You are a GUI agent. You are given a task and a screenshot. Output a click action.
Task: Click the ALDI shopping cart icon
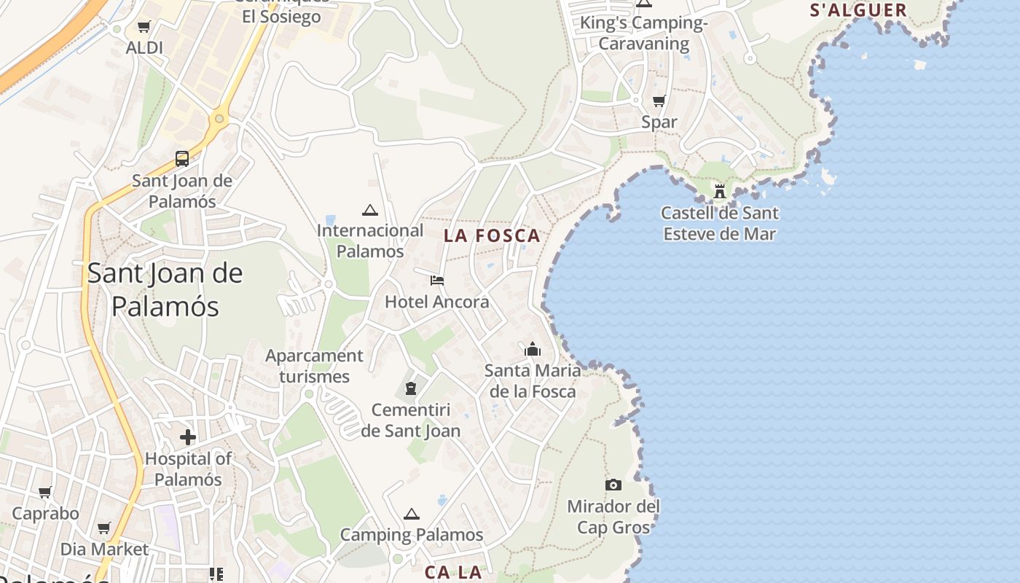144,28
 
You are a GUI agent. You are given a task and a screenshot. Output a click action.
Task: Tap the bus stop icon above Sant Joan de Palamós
182,158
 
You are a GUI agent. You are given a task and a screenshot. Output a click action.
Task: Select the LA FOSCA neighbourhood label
493,235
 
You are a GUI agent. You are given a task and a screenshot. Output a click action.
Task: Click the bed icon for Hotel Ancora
437,281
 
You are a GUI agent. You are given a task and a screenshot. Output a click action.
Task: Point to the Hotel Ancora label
437,302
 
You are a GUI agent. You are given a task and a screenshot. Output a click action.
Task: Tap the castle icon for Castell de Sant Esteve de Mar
720,191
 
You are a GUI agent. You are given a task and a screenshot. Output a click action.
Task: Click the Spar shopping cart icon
659,101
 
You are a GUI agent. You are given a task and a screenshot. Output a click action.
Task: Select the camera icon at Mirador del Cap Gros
613,485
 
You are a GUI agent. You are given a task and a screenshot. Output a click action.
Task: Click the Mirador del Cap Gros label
613,516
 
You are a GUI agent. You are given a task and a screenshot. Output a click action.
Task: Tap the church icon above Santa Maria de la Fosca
533,350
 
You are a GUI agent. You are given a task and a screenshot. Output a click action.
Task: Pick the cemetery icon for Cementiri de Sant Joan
411,388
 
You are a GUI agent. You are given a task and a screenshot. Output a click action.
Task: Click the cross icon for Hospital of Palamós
188,437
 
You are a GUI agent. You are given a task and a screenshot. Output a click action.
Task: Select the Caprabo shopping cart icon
45,492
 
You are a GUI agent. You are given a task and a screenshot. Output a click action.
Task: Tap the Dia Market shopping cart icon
104,528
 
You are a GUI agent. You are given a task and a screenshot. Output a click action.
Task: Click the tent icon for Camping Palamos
412,514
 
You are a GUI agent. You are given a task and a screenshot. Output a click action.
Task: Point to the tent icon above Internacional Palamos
370,210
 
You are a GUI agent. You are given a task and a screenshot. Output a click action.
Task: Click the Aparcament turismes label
314,366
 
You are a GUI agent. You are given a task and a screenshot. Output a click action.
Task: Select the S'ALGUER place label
858,10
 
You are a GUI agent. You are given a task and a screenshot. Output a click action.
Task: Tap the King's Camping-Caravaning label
644,33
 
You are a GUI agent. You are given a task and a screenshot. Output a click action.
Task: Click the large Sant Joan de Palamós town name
165,289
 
